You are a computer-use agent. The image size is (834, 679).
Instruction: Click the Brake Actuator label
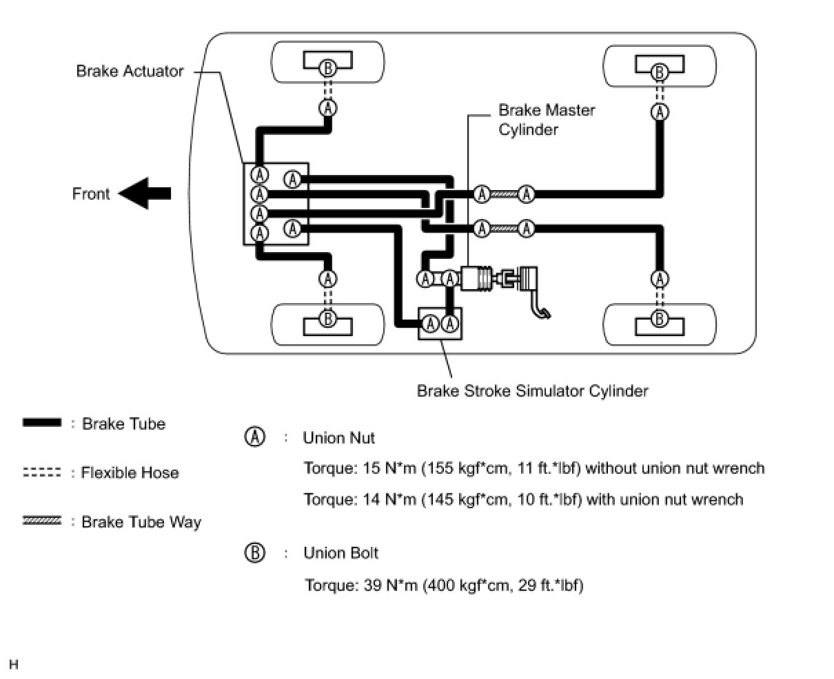point(130,71)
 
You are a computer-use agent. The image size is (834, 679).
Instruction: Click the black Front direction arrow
point(145,194)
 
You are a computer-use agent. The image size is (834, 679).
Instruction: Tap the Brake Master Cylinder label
point(546,120)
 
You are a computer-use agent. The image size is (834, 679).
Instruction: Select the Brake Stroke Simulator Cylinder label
point(533,390)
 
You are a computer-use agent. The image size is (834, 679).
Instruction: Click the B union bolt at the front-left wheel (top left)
point(328,68)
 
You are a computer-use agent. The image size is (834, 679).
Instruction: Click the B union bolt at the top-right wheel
point(660,72)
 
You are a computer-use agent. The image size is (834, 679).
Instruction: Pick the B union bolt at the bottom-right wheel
point(660,318)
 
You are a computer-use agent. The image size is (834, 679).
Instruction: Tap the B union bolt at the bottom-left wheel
point(328,318)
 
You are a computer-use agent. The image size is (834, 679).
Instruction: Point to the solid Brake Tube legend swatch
point(42,422)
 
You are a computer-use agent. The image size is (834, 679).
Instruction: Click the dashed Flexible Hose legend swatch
point(42,472)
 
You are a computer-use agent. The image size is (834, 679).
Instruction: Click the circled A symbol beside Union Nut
point(255,437)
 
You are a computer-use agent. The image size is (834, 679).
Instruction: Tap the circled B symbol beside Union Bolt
point(255,553)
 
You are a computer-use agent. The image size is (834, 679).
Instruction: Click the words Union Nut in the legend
point(338,438)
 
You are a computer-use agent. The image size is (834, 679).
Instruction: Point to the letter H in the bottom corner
point(14,664)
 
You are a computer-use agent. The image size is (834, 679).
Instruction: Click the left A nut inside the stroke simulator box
point(430,324)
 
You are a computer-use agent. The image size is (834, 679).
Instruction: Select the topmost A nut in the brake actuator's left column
point(259,175)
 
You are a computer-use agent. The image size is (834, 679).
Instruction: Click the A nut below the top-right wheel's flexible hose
point(660,112)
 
